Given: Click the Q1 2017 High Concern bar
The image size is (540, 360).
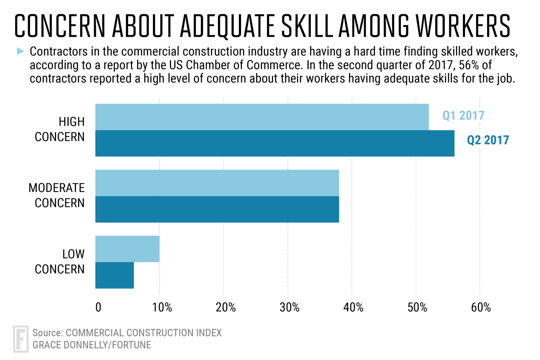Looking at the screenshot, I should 262,117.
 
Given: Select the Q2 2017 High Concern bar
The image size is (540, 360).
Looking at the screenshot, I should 274,143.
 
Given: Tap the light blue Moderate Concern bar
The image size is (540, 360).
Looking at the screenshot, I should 217,183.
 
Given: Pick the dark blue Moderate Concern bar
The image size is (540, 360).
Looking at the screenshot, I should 217,209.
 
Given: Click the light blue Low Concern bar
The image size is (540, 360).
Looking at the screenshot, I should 127,249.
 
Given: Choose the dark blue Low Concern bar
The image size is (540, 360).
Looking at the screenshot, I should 115,275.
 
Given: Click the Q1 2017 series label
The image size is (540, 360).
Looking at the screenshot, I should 463,115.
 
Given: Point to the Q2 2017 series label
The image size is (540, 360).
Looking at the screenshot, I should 488,140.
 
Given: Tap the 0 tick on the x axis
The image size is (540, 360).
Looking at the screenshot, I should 98,307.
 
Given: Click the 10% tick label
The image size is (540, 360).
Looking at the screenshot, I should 162,307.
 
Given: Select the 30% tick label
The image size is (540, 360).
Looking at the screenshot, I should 289,307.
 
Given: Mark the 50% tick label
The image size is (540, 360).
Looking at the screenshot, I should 417,307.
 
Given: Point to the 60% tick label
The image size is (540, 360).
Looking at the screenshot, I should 481,307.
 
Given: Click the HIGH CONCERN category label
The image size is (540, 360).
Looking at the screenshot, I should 60,129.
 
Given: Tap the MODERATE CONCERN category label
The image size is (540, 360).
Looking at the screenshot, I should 57,195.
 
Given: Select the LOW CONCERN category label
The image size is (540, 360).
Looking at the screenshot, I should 60,261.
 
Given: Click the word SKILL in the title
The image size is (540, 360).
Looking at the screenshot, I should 307,26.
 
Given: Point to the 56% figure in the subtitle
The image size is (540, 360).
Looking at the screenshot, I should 469,65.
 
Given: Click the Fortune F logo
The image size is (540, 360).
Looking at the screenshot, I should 21,339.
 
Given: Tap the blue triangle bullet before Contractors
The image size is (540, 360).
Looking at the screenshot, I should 21,51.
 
